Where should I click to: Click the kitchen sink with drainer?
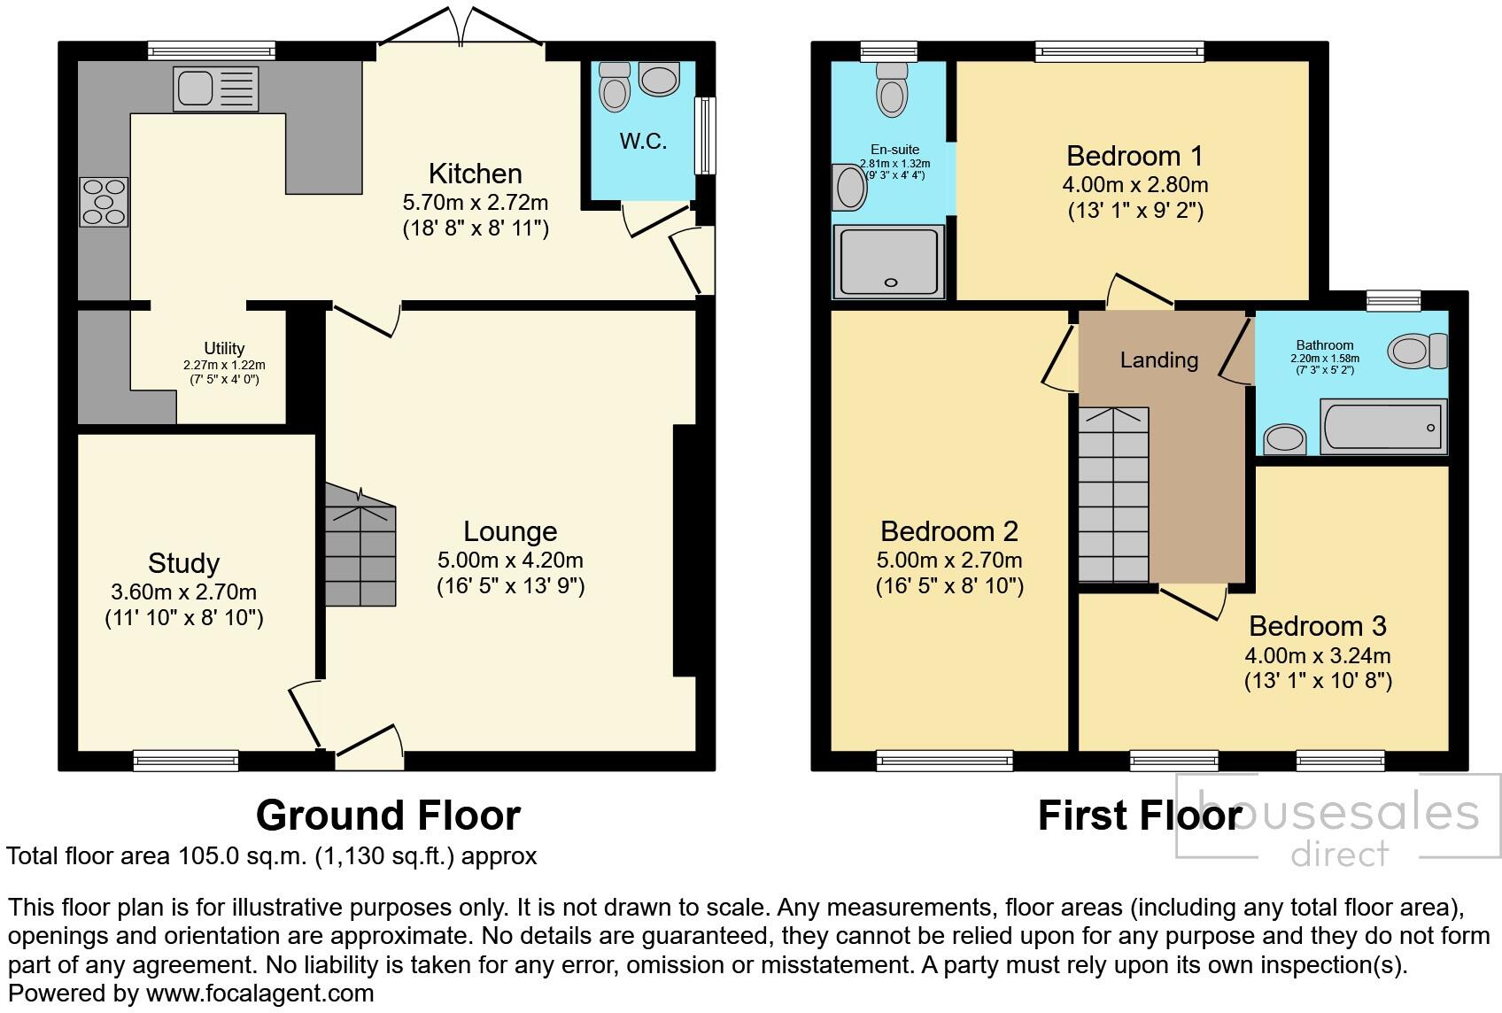tap(217, 89)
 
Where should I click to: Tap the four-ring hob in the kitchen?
tap(104, 201)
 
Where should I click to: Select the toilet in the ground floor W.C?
tap(613, 87)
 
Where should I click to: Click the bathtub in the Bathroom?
tap(1382, 427)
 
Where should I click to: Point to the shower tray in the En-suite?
tap(888, 260)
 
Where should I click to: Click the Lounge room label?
tap(510, 531)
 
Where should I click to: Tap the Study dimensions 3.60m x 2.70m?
tap(183, 592)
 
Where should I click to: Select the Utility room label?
tap(224, 349)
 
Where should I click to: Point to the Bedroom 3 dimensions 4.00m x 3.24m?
tap(1317, 656)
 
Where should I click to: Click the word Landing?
tap(1158, 360)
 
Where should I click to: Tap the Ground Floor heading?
tap(388, 815)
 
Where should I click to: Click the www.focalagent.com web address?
tap(259, 994)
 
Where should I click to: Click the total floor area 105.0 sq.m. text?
tap(271, 856)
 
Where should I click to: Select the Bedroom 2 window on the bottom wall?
tap(944, 760)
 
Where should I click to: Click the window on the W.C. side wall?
tap(705, 135)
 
